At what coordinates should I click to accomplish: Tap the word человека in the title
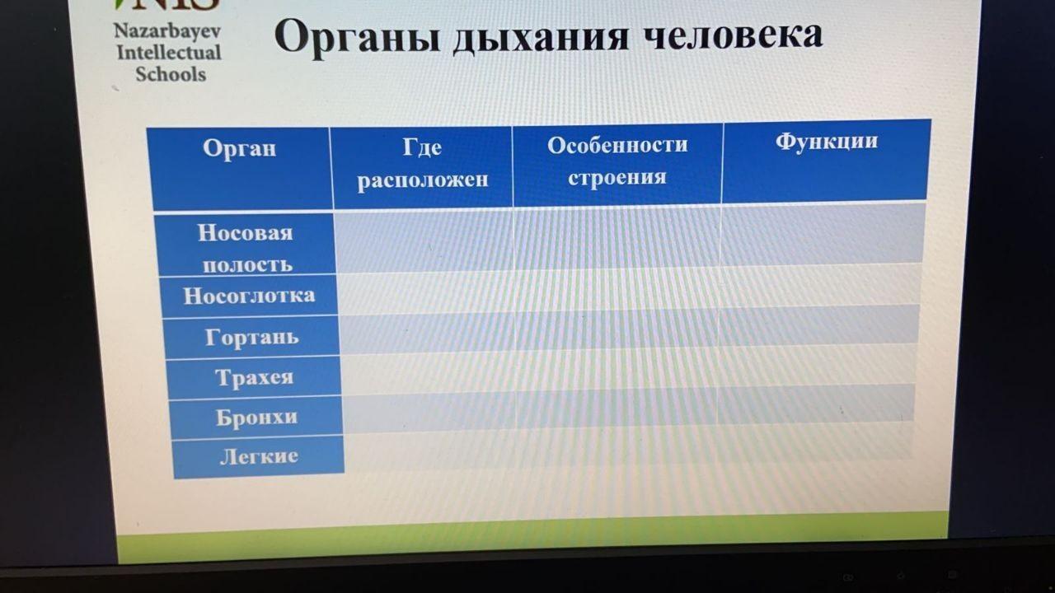[733, 34]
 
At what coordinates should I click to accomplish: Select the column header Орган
[239, 148]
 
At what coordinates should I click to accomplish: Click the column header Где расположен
[423, 163]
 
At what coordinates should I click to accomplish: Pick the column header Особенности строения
[617, 161]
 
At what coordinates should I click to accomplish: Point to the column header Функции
[827, 141]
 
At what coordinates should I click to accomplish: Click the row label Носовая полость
[246, 248]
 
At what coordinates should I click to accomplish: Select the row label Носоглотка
[249, 296]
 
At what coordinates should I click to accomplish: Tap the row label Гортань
[252, 337]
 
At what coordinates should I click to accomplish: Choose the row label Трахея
[255, 377]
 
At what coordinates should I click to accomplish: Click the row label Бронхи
[256, 417]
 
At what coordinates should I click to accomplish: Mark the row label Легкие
[259, 456]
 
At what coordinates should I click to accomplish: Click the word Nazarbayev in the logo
[167, 31]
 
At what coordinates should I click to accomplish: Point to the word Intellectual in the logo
[169, 53]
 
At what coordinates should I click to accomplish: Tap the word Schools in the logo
[171, 74]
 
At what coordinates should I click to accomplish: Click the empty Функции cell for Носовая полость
[823, 234]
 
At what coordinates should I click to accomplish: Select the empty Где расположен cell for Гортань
[428, 334]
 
